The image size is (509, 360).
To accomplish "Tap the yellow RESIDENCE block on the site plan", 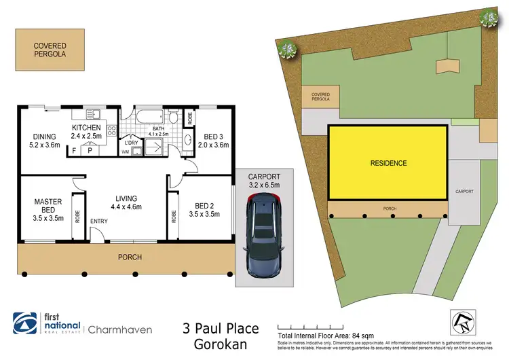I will click(x=388, y=163).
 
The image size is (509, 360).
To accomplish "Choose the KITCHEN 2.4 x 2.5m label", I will click(x=86, y=132).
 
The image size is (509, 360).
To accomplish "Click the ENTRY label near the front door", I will click(x=100, y=221).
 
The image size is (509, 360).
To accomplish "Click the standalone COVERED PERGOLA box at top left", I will click(x=50, y=50).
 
